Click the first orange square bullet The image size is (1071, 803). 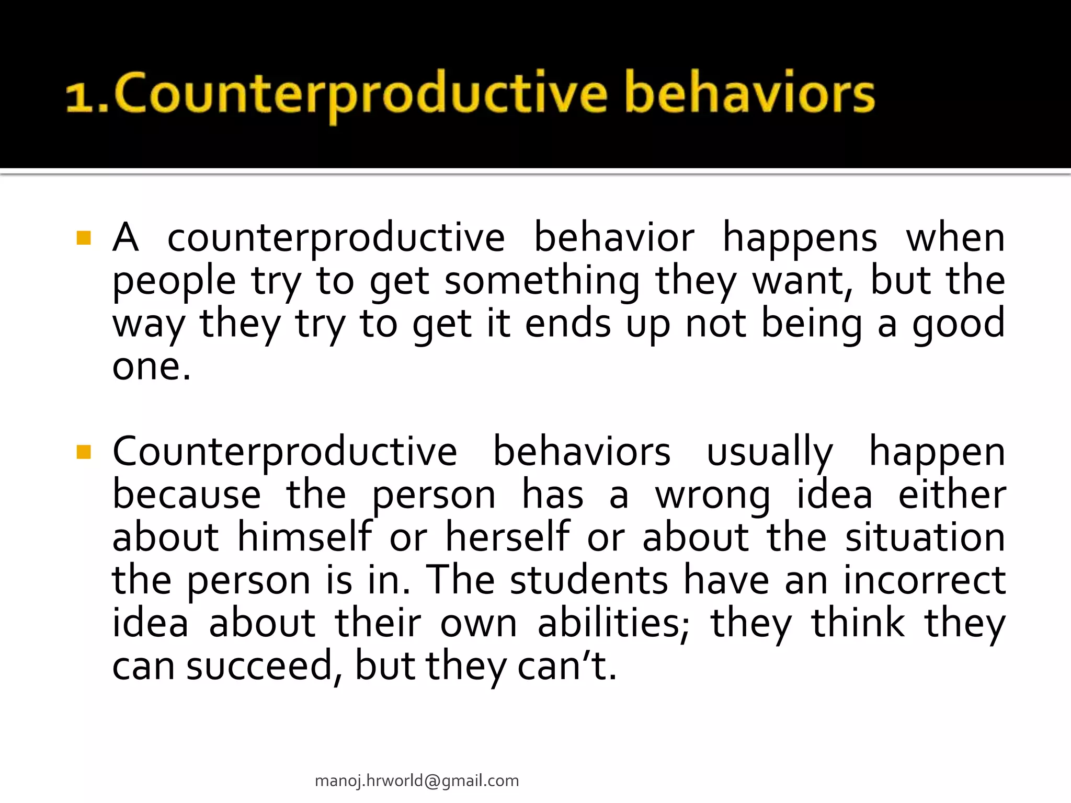pos(84,238)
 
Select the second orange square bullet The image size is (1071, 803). pos(84,451)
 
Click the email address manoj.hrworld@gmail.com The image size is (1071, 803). pos(417,781)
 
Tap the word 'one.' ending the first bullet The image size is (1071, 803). pos(152,367)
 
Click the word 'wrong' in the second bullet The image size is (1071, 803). pos(712,496)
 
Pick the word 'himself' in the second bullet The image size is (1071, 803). pos(305,537)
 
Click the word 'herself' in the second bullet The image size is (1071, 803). pos(507,537)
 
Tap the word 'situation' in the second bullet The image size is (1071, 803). pos(925,537)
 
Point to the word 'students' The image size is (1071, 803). pos(589,580)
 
